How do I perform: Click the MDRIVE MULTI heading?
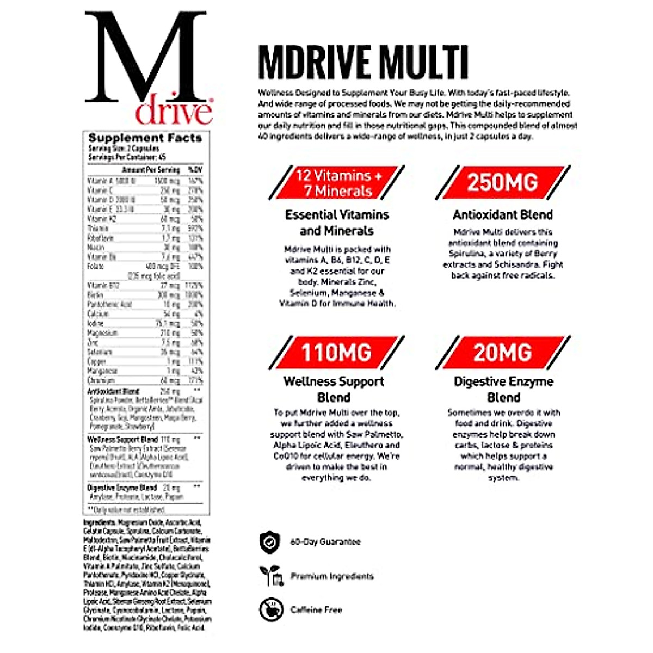(363, 62)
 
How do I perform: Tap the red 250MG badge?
(502, 183)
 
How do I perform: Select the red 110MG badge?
(336, 353)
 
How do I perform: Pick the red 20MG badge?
(502, 353)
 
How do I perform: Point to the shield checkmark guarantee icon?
(269, 542)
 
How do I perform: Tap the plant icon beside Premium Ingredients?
(270, 576)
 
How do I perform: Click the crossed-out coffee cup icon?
(270, 609)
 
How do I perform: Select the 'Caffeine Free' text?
(316, 610)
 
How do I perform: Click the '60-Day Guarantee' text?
(325, 542)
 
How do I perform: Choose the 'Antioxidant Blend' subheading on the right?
(502, 214)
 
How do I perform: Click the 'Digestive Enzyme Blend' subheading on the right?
(503, 389)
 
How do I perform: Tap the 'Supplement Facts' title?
(145, 138)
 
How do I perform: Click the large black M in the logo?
(146, 57)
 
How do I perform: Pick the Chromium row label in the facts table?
(101, 380)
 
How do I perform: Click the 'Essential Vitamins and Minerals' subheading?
(337, 223)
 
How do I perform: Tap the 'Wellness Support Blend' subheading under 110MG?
(334, 389)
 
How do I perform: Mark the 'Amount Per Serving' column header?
(151, 170)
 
